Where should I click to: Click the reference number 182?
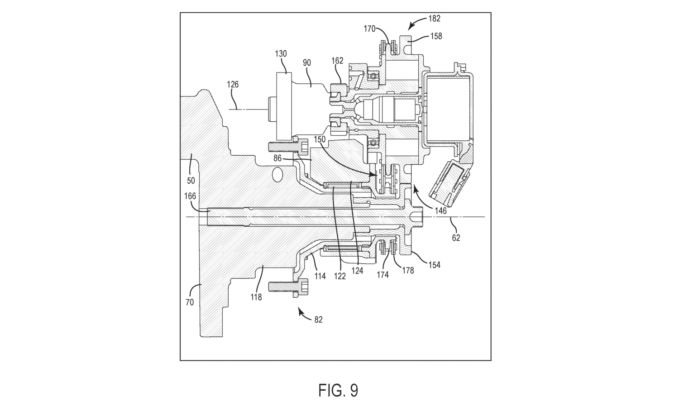pos(434,19)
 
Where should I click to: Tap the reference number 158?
pos(436,36)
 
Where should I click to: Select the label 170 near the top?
pos(369,29)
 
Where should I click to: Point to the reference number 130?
pos(281,54)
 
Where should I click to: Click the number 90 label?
pos(307,63)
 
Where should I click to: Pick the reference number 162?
pos(337,61)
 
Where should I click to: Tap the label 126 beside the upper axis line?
pos(233,84)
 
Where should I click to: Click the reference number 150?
pos(320,139)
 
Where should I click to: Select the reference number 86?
pos(277,158)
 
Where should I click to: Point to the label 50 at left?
pos(191,181)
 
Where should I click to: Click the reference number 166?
pos(190,196)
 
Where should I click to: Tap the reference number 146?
pos(440,211)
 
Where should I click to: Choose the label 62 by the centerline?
pos(456,238)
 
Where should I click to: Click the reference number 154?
pos(434,265)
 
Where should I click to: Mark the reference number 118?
pos(256,297)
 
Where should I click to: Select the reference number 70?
pos(190,302)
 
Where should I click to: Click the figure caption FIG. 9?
pos(338,390)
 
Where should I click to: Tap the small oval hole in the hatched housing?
pos(277,175)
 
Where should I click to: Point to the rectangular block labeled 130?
pos(284,106)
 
